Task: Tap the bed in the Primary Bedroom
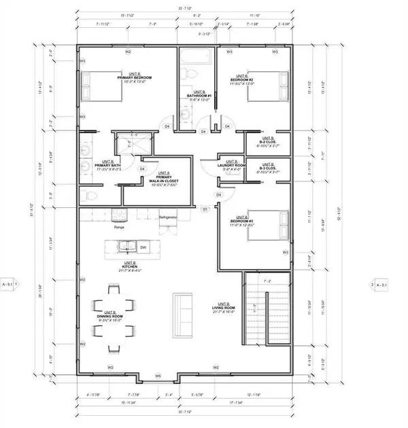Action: (x=101, y=88)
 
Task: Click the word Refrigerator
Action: (x=167, y=217)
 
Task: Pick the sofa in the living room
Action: (x=183, y=314)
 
